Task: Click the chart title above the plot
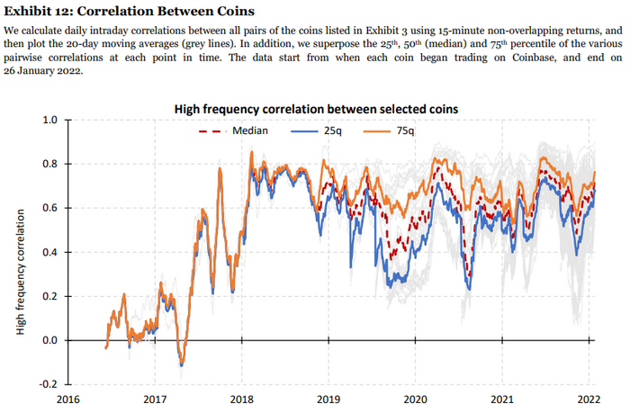click(316, 108)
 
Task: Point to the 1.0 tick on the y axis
click(50, 120)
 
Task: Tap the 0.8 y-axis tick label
click(50, 164)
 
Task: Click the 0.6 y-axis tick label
click(50, 208)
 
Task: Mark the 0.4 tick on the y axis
click(50, 252)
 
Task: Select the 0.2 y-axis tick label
click(50, 296)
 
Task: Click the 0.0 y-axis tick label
click(50, 340)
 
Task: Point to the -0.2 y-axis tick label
click(49, 384)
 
